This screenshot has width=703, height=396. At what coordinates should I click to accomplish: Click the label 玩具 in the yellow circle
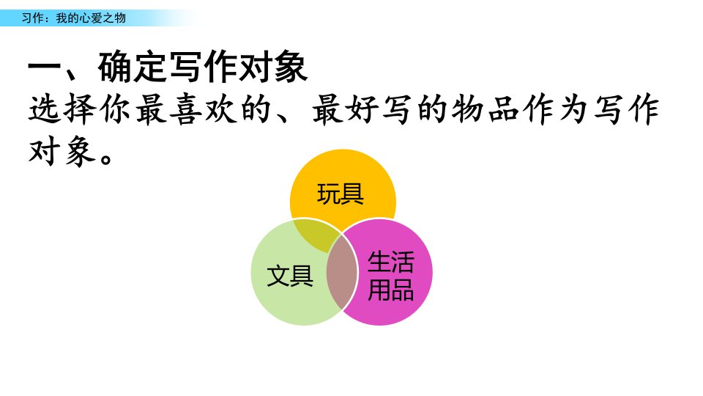point(341,194)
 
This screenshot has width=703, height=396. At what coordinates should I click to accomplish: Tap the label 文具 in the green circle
point(290,275)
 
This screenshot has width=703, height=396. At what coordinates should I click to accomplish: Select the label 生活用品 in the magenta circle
point(390,276)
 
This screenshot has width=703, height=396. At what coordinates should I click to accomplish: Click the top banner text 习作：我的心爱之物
point(74,18)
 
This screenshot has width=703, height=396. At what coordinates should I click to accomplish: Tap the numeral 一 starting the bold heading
point(44,69)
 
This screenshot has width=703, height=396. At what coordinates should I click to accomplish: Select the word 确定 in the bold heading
point(133,67)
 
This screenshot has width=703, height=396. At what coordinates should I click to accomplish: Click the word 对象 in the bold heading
point(273,67)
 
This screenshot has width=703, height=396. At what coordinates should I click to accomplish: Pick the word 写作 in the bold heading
point(203,67)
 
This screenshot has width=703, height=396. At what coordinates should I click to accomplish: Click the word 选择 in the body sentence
point(63,109)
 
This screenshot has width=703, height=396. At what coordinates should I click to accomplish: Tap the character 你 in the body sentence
point(115,109)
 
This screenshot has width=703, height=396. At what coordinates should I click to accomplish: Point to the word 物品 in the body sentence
point(486,109)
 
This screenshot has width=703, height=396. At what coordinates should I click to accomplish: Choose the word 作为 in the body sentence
point(557,109)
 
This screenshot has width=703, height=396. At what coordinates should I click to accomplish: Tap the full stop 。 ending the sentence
point(106,158)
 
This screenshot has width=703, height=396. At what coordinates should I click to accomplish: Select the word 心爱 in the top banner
point(85,18)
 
